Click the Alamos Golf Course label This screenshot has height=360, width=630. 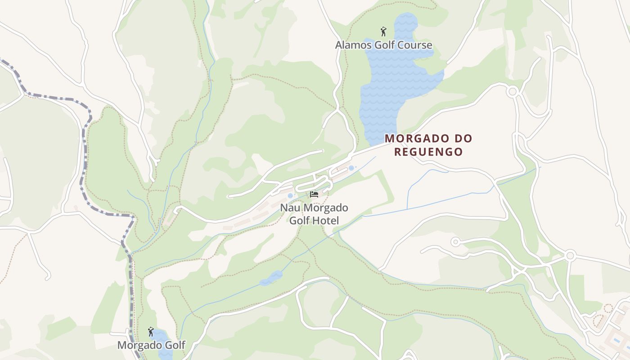tap(383, 45)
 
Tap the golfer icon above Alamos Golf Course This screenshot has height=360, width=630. tap(383, 31)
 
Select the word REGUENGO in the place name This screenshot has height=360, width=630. tap(428, 152)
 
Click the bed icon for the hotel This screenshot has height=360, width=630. tap(314, 194)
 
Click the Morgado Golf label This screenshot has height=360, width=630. tap(151, 345)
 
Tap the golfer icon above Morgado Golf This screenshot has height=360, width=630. tap(151, 332)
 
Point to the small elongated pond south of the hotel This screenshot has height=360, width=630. tap(271, 278)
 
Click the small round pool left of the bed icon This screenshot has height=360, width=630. tap(290, 196)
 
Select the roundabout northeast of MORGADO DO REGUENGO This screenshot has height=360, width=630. tap(512, 92)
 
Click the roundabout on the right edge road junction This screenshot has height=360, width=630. tap(570, 256)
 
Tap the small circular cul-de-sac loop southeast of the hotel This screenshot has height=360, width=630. tap(455, 242)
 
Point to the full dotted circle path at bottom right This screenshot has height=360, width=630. tap(608, 308)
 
